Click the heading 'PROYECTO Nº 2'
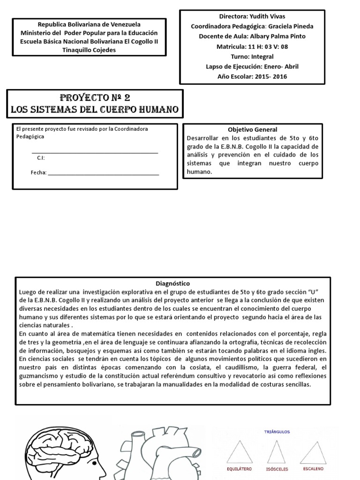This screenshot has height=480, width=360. click(95, 98)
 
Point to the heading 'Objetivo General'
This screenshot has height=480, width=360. click(252, 129)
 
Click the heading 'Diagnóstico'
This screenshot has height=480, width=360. click(172, 284)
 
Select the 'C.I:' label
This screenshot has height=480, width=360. click(41, 157)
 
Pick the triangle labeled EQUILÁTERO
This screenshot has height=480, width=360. click(238, 452)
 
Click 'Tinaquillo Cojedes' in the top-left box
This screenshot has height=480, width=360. click(89, 50)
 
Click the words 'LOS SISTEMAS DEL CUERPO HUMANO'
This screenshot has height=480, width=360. click(95, 110)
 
